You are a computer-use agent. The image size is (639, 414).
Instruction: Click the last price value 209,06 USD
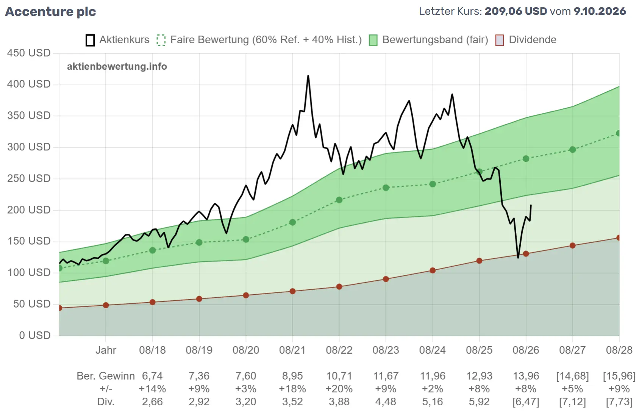pos(516,11)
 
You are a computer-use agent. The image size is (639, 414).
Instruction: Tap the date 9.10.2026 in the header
pos(600,11)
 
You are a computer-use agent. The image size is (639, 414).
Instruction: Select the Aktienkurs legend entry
pos(117,40)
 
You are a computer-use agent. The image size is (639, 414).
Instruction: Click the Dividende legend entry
pos(526,40)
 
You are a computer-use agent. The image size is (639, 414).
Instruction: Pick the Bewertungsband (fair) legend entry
pos(428,40)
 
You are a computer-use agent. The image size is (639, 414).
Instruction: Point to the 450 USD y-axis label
pos(29,53)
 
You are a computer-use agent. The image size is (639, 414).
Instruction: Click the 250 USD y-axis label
pos(29,179)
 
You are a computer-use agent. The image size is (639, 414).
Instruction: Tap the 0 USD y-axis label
pos(35,336)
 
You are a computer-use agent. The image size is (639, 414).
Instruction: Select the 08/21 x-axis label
pos(292,350)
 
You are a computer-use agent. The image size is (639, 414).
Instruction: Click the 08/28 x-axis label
pos(619,350)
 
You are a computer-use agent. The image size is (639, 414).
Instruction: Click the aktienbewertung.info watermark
pos(117,67)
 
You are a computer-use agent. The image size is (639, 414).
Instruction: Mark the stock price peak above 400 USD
pos(308,76)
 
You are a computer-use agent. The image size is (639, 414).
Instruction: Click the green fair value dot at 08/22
pos(339,200)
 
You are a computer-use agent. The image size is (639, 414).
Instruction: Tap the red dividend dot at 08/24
pos(433,270)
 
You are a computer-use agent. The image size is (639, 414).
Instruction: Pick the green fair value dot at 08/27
pos(573,150)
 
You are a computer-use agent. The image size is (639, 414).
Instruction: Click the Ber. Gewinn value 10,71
pos(339,376)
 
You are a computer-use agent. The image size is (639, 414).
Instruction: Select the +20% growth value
pos(339,389)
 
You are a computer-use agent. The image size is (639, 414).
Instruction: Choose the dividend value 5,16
pos(433,402)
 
